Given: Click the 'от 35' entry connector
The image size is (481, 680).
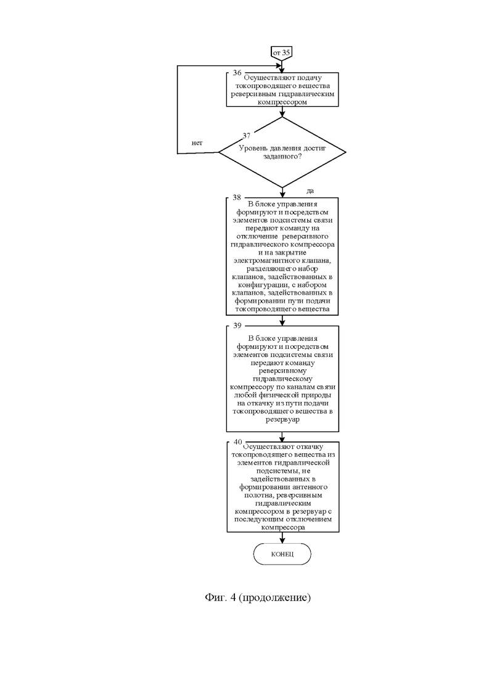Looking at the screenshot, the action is point(281,52).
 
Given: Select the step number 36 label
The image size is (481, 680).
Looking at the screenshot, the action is point(237,72).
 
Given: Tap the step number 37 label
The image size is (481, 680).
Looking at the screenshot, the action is point(246,136).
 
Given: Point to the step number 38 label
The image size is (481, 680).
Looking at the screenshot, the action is point(236,197).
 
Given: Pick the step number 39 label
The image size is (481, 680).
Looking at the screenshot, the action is point(237,326).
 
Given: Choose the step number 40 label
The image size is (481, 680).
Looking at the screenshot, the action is point(237,442).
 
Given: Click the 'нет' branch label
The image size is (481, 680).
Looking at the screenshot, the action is point(197,142).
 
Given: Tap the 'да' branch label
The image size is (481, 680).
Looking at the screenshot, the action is point(310,191).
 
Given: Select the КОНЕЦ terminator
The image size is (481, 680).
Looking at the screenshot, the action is point(282,554).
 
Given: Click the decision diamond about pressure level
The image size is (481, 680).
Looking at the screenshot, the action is point(282,152).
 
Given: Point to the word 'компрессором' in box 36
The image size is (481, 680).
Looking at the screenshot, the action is point(282,102).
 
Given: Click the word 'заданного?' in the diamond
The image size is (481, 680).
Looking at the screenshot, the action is point(282,156).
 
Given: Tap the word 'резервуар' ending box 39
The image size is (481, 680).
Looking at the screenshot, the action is point(282,420).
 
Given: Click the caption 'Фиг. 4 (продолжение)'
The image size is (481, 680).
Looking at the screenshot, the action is point(258,597).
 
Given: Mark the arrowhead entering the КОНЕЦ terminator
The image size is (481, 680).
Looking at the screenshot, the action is point(282,540).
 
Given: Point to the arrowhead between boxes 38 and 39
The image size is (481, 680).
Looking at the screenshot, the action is point(282,322).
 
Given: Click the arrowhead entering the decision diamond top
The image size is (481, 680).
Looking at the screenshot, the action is point(282,113).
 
